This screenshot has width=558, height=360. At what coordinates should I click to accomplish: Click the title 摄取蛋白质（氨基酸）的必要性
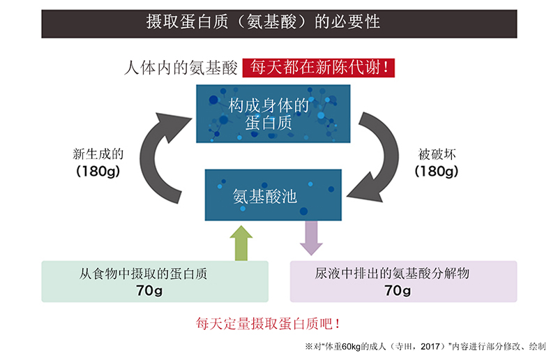[x=263, y=22]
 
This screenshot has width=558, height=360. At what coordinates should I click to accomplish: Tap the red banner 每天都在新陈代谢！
[x=319, y=68]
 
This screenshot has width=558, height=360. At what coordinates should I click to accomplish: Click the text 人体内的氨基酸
[x=181, y=68]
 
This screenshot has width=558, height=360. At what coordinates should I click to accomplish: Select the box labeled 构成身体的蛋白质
[x=273, y=114]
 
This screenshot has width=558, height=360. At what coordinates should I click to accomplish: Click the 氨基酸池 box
[x=273, y=195]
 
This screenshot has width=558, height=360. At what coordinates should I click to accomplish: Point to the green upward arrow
[x=241, y=243]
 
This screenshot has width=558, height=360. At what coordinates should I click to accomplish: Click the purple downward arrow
[x=311, y=238]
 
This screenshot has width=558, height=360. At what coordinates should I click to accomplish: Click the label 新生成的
[x=98, y=154]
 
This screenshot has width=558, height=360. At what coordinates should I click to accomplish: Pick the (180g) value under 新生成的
[x=98, y=171]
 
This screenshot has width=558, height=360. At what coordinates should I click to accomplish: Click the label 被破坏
[x=437, y=154]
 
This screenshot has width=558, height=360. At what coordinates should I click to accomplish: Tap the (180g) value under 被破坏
[x=437, y=171]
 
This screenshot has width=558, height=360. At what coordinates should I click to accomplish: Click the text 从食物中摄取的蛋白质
[x=143, y=273]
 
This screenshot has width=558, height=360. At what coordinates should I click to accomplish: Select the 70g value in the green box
[x=149, y=290]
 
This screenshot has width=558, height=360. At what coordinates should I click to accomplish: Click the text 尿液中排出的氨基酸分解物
[x=392, y=273]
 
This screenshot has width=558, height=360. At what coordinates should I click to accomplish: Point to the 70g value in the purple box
[x=398, y=290]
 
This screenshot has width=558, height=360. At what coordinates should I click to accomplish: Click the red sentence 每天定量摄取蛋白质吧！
[x=268, y=324]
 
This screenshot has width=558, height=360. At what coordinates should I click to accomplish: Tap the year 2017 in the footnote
[x=430, y=347]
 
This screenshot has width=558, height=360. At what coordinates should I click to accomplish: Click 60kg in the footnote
[x=352, y=347]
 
